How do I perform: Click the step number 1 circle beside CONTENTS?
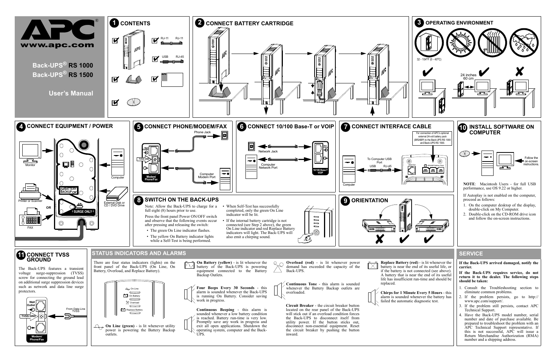coord(114,23)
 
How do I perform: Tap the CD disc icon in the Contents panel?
coord(134,102)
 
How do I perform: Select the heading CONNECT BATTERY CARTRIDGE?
coord(249,23)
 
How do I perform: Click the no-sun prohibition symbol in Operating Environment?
coord(460,42)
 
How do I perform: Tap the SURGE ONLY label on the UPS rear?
coord(83,212)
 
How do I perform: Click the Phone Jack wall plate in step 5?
coord(224,135)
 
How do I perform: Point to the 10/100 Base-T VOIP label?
coord(320,171)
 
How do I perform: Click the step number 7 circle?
coord(345,127)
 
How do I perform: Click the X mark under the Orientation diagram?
coord(380,239)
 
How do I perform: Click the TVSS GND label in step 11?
coord(28,316)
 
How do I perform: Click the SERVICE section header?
coord(471,254)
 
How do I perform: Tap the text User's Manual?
coord(71,93)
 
